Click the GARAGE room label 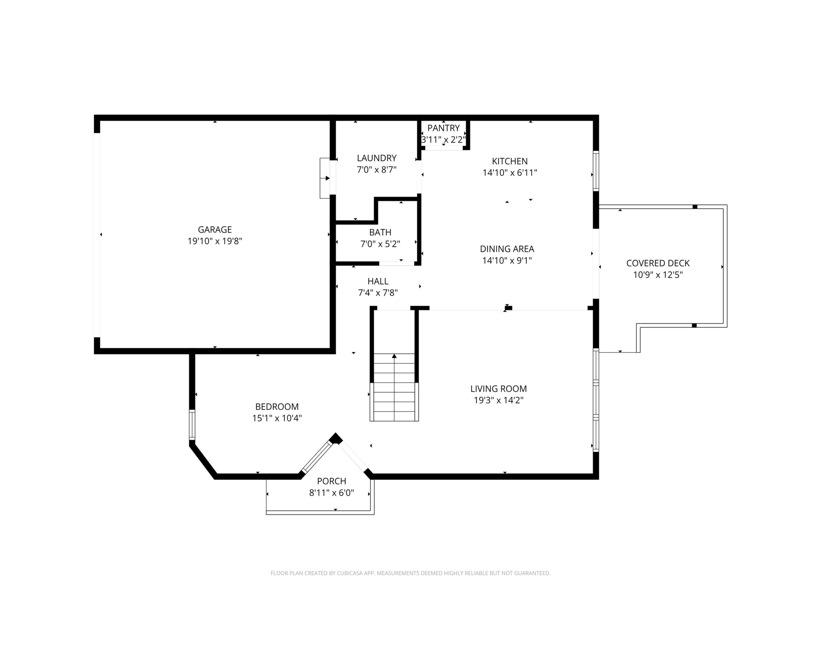[x=215, y=230]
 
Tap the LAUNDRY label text [x=376, y=158]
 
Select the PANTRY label [x=444, y=128]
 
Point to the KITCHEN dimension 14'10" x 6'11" [x=510, y=173]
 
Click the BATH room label [x=380, y=232]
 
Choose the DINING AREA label [x=507, y=249]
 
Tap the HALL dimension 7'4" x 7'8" [x=378, y=293]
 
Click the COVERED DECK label [x=658, y=263]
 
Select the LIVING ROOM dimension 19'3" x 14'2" [x=499, y=400]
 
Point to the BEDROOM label [x=277, y=407]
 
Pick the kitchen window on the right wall [x=596, y=171]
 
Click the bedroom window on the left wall [x=192, y=425]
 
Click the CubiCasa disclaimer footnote [x=410, y=573]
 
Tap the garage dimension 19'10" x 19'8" [x=215, y=241]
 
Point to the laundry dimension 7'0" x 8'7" [x=376, y=170]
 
